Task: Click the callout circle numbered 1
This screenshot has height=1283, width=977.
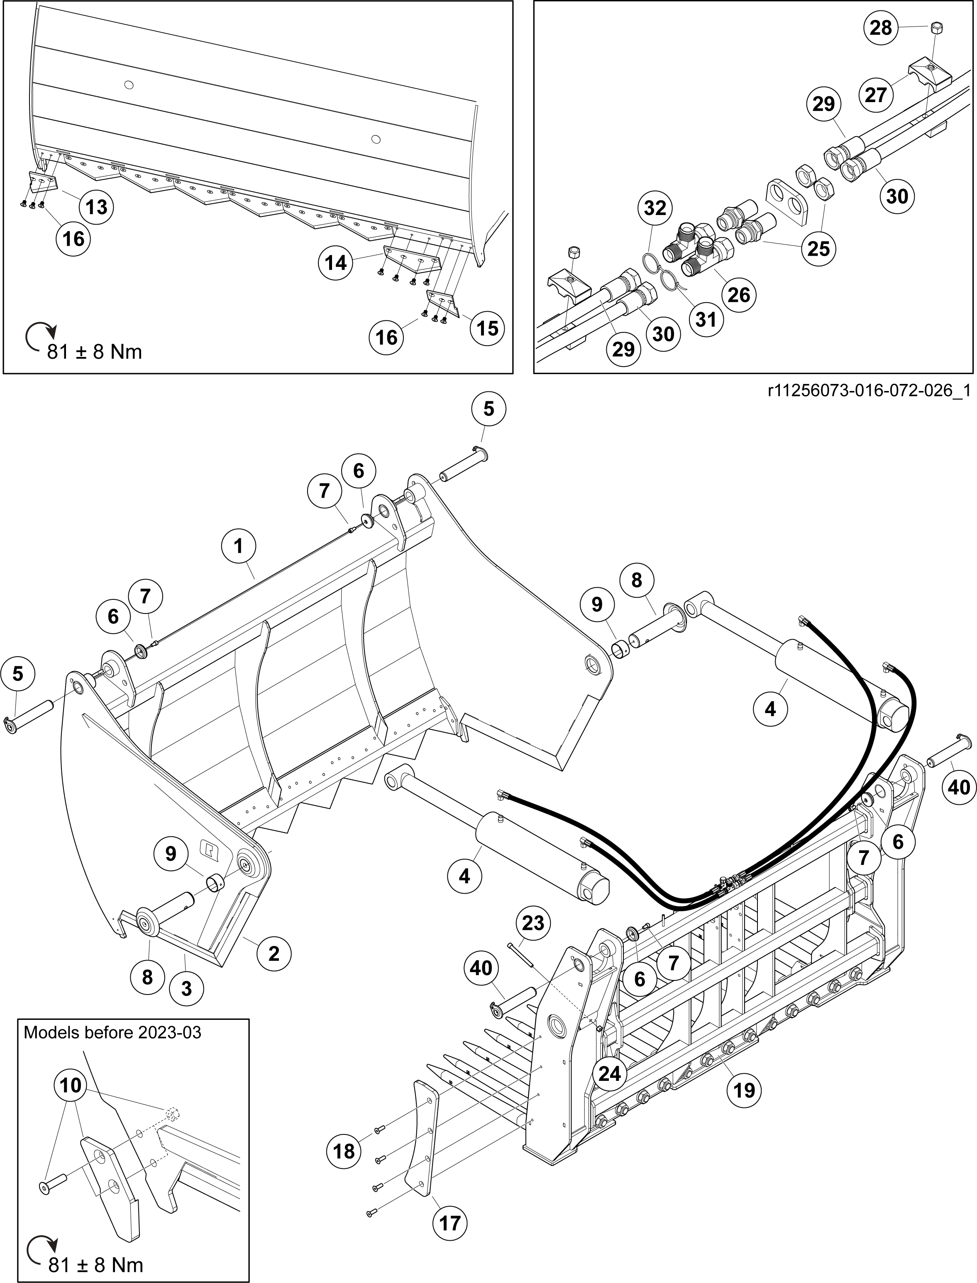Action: (x=238, y=546)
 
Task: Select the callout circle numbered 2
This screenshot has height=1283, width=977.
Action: (x=274, y=953)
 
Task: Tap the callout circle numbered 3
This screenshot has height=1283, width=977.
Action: (x=187, y=989)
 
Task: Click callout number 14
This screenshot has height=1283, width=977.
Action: (x=335, y=263)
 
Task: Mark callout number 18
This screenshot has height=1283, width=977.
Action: (x=344, y=1151)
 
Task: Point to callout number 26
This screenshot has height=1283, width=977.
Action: (x=739, y=294)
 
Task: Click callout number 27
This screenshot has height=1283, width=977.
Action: (x=875, y=95)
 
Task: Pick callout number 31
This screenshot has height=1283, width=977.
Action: (x=706, y=319)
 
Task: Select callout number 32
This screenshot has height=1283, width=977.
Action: (x=655, y=208)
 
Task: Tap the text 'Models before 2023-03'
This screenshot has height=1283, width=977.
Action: (x=112, y=1033)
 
